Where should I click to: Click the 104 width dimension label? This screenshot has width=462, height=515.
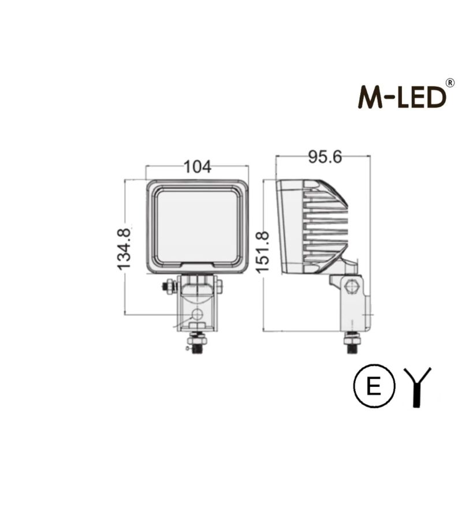click(x=197, y=167)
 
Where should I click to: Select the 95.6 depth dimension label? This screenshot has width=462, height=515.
click(x=325, y=156)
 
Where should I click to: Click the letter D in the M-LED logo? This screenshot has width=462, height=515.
click(x=436, y=96)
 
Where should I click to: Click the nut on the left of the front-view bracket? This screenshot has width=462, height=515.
click(x=169, y=285)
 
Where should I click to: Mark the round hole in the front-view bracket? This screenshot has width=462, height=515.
click(x=198, y=315)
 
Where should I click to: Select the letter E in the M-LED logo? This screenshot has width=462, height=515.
click(x=419, y=96)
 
